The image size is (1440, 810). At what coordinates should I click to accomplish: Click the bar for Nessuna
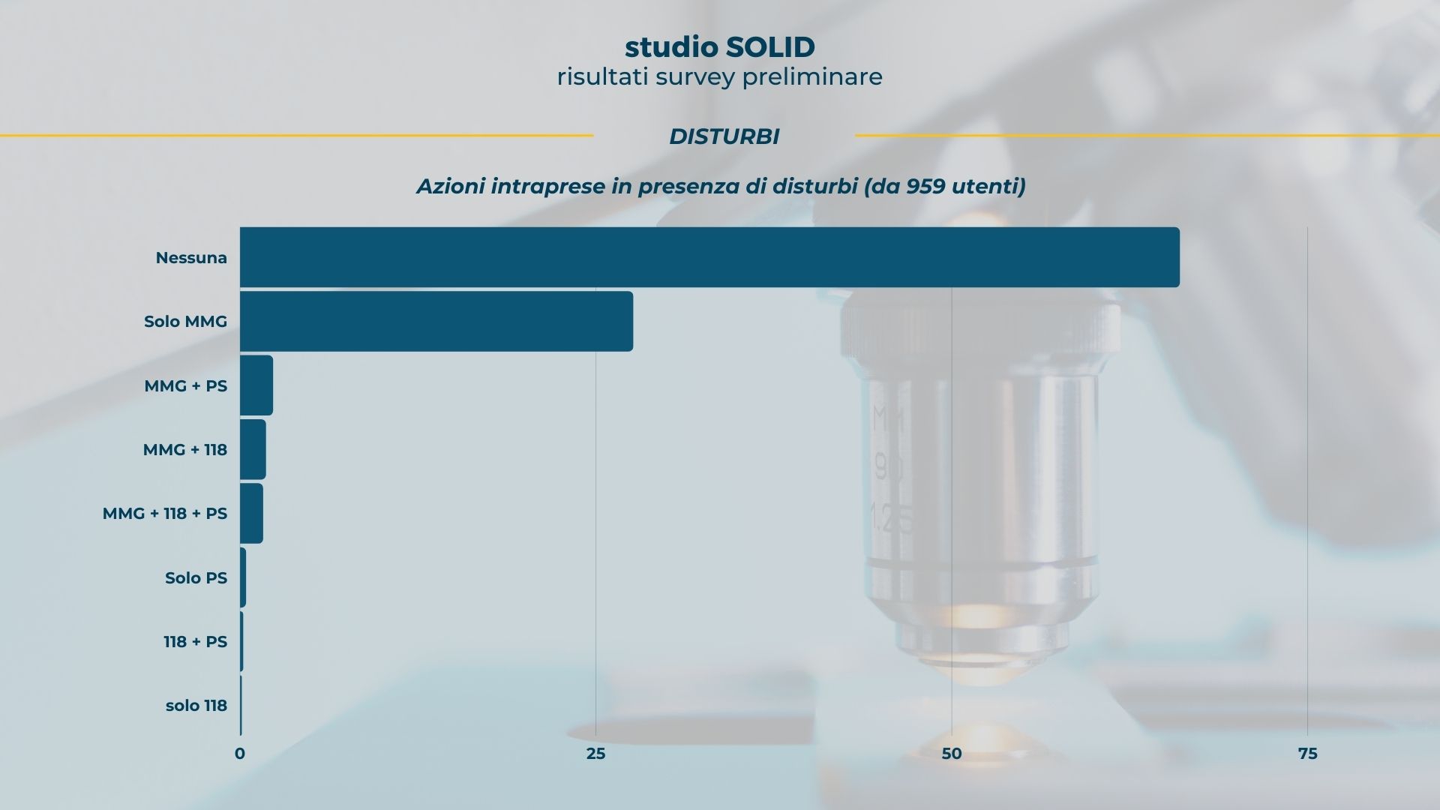(x=709, y=257)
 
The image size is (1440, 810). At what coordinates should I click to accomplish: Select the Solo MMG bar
(x=436, y=321)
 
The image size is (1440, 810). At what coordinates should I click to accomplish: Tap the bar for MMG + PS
(x=256, y=385)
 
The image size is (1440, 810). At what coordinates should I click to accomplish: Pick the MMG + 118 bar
(x=253, y=449)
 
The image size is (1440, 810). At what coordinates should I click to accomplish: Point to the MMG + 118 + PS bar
(x=251, y=513)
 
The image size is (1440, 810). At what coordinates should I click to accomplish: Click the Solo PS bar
(x=243, y=577)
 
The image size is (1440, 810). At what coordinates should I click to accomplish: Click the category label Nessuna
(x=191, y=258)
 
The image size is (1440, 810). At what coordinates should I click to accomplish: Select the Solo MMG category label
(x=185, y=322)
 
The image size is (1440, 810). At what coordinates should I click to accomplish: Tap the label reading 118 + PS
(x=195, y=642)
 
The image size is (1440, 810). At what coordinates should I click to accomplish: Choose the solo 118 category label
(x=196, y=706)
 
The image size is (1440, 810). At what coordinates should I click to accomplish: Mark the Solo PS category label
(x=196, y=578)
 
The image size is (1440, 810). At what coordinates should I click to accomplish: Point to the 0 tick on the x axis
(x=240, y=754)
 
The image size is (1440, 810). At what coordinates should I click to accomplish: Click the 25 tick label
(x=595, y=754)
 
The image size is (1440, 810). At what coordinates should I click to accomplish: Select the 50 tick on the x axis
(x=951, y=754)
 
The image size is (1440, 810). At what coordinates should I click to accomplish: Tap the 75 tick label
(x=1307, y=754)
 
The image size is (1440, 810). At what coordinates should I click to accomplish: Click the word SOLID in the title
(x=769, y=47)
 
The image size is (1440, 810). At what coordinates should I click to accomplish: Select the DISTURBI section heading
(x=724, y=136)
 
